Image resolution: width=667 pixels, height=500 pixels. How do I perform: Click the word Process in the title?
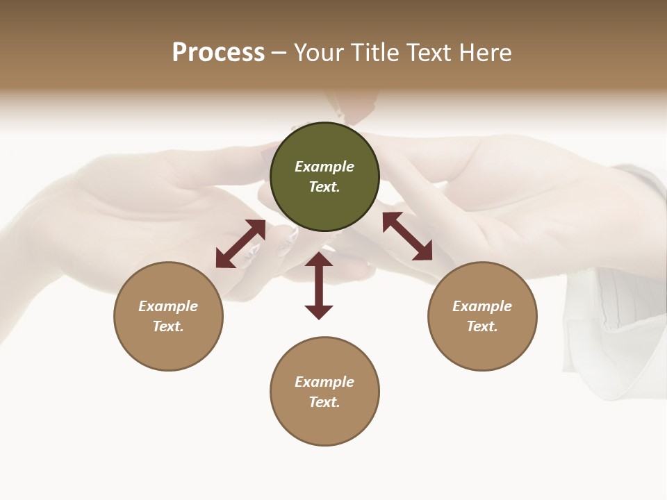point(218,53)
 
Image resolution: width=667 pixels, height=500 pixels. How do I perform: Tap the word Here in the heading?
point(484,53)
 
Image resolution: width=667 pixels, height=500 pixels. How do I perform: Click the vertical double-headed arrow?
point(319,285)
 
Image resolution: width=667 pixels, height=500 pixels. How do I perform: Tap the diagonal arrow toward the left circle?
point(240,244)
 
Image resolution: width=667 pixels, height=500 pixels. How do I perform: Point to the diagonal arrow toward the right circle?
point(407,236)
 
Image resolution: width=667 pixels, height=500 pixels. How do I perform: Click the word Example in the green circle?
point(324,167)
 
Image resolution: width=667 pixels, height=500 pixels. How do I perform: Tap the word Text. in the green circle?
point(324,187)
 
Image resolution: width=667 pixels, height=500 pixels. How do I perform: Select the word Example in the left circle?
point(168,306)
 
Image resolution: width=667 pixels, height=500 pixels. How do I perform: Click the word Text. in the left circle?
point(168,326)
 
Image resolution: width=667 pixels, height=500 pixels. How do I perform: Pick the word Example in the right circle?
point(482,306)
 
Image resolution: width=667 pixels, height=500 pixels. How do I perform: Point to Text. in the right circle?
point(482,326)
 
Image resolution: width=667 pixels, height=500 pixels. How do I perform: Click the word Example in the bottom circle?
point(324,382)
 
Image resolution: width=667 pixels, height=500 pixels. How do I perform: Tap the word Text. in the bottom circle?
point(324,402)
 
